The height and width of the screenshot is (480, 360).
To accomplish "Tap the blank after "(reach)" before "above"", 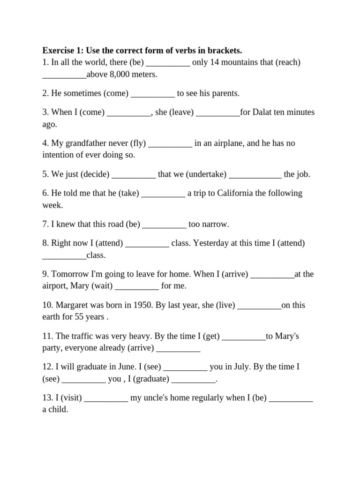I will point(64,75).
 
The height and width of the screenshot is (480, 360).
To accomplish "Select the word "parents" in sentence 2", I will point(225,93).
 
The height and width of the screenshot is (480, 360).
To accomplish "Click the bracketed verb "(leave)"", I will point(181,112).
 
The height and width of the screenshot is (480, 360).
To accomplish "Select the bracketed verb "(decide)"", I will point(95,174).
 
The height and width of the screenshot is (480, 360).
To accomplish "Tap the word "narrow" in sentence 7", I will point(214,225).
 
